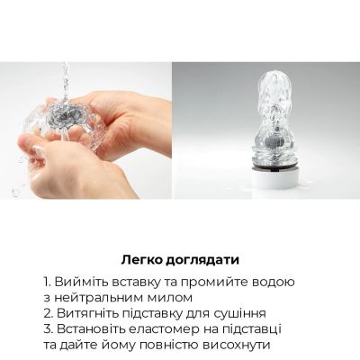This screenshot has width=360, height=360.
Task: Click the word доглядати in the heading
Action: (x=203, y=256)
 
